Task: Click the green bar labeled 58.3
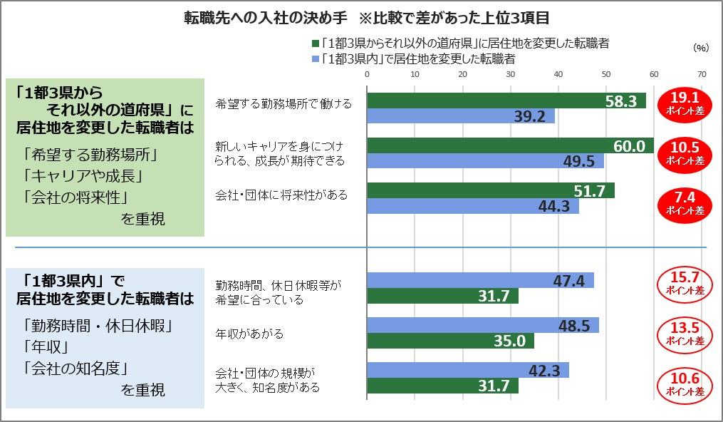click(x=506, y=101)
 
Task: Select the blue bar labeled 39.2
click(x=460, y=116)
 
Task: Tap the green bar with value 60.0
click(x=510, y=145)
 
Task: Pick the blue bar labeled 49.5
click(x=485, y=161)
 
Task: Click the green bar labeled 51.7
click(x=490, y=190)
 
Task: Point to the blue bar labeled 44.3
click(x=472, y=206)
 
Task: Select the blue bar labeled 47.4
click(x=480, y=280)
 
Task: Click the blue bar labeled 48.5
click(x=482, y=325)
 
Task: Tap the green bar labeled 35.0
click(x=450, y=341)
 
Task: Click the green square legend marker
click(x=315, y=43)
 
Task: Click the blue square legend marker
click(x=315, y=58)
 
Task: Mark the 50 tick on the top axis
click(x=606, y=73)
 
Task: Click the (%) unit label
click(x=701, y=48)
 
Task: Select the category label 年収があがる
click(x=249, y=333)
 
